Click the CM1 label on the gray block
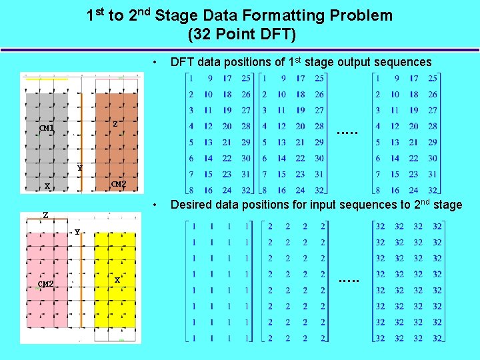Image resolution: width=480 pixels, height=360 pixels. [46, 128]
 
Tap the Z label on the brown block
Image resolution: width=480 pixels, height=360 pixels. [115, 124]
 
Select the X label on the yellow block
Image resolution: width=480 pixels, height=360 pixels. [117, 280]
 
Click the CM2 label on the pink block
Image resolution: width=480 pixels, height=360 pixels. [45, 284]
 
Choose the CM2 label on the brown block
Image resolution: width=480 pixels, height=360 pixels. [119, 184]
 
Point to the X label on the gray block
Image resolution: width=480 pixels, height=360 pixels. [47, 186]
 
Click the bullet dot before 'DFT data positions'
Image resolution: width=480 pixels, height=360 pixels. [155, 62]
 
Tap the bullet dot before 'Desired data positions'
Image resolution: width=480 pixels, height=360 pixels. [155, 205]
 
